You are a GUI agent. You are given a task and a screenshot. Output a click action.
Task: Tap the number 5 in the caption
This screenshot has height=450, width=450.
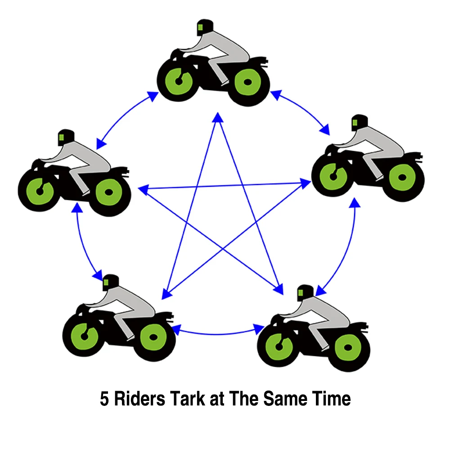click(x=104, y=399)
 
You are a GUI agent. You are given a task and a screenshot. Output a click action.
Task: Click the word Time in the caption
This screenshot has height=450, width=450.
click(x=329, y=399)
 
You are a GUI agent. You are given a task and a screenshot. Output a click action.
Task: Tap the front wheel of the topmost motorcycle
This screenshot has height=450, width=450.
click(x=179, y=81)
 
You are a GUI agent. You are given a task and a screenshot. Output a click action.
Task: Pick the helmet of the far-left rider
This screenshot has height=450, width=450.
click(x=65, y=137)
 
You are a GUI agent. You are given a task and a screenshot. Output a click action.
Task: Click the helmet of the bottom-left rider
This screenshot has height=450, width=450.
click(x=109, y=282)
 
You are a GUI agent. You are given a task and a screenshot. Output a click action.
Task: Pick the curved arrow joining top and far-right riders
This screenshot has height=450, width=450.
click(x=302, y=111)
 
